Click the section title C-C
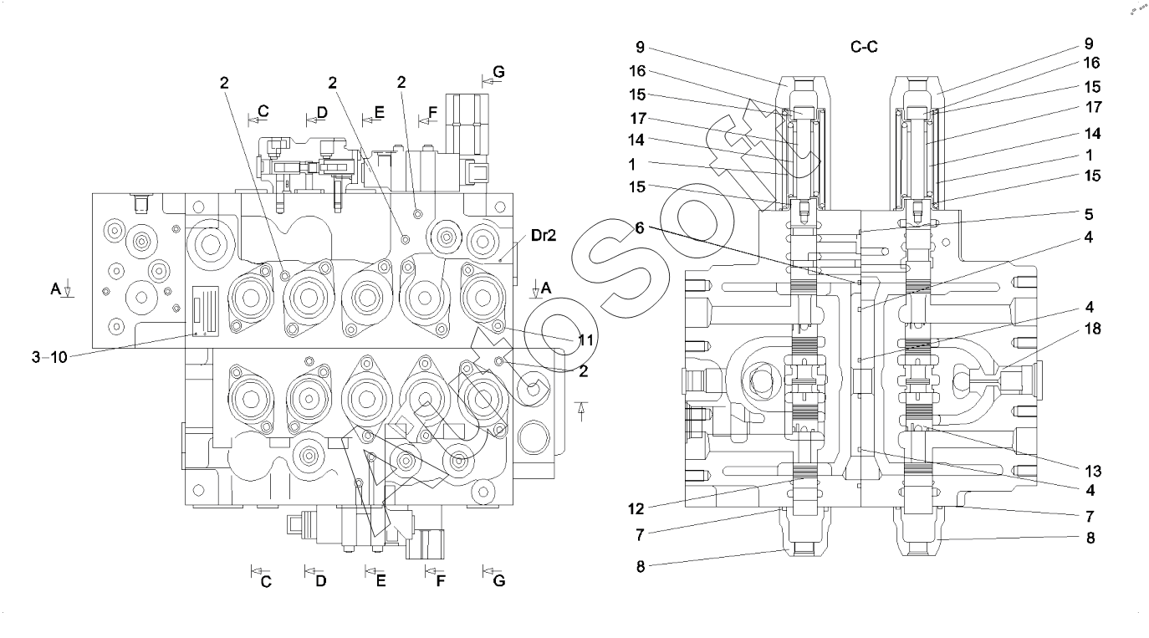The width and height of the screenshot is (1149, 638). (x=864, y=48)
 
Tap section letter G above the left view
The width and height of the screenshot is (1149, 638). (x=498, y=73)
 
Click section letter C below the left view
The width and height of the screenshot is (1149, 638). (x=266, y=582)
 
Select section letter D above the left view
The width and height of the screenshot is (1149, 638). (x=321, y=111)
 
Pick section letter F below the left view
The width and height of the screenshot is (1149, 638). (x=440, y=582)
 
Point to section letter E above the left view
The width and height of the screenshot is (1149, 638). (x=379, y=111)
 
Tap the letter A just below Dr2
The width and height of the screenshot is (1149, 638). (x=546, y=287)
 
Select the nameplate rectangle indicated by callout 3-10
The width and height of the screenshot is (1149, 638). (x=206, y=310)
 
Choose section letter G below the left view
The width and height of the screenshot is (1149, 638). (x=499, y=581)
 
